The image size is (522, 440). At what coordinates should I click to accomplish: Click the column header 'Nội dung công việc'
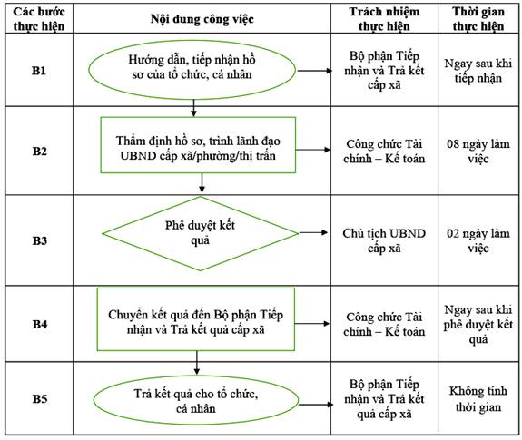pyautogui.click(x=202, y=19)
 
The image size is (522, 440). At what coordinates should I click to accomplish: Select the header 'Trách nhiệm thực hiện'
pyautogui.click(x=384, y=19)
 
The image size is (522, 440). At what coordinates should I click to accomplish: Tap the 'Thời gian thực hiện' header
pyautogui.click(x=478, y=19)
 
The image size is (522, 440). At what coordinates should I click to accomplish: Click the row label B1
pyautogui.click(x=39, y=71)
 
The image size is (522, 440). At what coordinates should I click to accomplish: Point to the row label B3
pyautogui.click(x=39, y=240)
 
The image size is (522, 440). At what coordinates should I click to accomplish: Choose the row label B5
pyautogui.click(x=39, y=398)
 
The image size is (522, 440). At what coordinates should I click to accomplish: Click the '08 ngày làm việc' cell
pyautogui.click(x=478, y=151)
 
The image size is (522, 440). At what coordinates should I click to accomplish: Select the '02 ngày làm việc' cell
pyautogui.click(x=478, y=240)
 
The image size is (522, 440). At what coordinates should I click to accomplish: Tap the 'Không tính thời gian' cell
pyautogui.click(x=478, y=399)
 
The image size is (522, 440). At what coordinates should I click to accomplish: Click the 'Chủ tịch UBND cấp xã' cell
pyautogui.click(x=384, y=240)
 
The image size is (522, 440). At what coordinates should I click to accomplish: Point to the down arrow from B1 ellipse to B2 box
pyautogui.click(x=193, y=108)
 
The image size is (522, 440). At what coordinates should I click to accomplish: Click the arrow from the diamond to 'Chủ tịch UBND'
pyautogui.click(x=313, y=232)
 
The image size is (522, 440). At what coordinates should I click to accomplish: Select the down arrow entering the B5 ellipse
pyautogui.click(x=197, y=363)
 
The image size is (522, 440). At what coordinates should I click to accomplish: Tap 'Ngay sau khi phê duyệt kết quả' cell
pyautogui.click(x=478, y=324)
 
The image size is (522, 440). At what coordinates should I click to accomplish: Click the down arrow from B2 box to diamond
pyautogui.click(x=202, y=182)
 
